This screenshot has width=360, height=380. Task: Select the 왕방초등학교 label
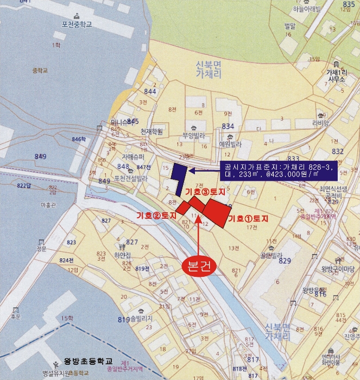pos(88,361)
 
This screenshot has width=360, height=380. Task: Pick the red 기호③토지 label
pos(205,192)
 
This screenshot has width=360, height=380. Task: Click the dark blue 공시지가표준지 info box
pos(278,170)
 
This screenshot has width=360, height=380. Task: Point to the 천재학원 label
pos(151,132)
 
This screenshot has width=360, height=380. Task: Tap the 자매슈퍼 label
pos(128,155)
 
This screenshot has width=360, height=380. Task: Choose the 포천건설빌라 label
pos(131,178)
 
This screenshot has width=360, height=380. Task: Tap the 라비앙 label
pos(320,123)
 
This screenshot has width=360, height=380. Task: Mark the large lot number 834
pos(228,126)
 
